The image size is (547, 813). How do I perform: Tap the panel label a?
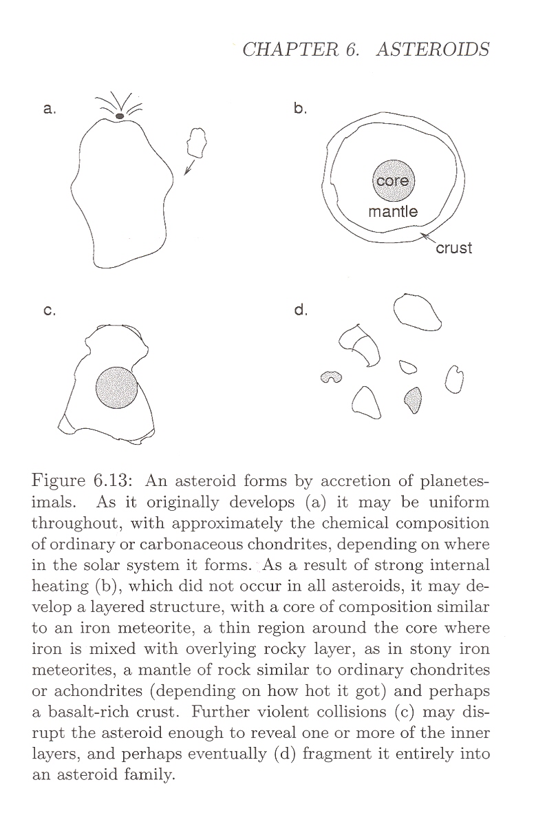[49, 108]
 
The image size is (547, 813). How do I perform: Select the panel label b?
[299, 108]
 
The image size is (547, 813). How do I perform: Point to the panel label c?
[49, 310]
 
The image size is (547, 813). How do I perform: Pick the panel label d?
[300, 310]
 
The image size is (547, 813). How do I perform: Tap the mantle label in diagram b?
[393, 211]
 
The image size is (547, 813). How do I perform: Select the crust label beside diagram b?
[454, 248]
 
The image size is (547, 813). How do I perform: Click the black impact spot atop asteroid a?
[120, 116]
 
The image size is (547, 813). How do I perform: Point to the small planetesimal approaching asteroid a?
[196, 143]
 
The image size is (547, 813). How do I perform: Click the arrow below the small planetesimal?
[191, 168]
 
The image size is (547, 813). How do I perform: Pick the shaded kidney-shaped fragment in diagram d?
[332, 377]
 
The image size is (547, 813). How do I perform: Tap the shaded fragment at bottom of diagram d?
[414, 399]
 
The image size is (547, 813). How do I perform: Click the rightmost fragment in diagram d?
[454, 379]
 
